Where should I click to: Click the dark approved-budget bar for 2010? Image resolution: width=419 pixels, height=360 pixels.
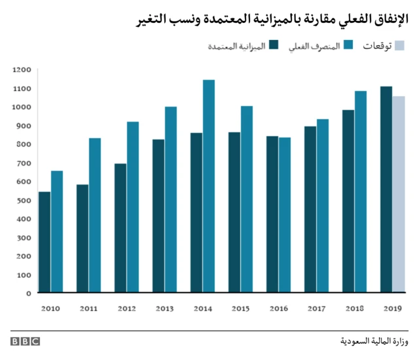[45, 242]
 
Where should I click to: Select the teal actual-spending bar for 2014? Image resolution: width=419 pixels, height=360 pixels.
[209, 186]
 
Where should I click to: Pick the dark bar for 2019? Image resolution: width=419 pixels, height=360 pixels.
[386, 190]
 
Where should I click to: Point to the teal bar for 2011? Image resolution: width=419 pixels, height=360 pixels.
[95, 215]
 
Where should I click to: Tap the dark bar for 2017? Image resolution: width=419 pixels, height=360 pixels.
[310, 209]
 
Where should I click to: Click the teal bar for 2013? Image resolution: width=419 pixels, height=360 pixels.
[171, 200]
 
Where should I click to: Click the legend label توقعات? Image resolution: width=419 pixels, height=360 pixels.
[378, 46]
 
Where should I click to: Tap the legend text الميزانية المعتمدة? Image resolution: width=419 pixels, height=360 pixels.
[237, 46]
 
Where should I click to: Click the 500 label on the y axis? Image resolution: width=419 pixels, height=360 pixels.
[24, 200]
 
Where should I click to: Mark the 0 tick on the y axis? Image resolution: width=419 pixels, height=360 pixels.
[29, 293]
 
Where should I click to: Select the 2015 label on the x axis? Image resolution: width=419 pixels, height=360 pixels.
[240, 307]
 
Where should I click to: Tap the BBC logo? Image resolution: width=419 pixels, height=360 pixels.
[25, 341]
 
